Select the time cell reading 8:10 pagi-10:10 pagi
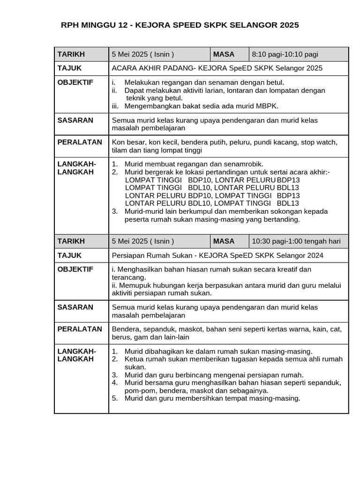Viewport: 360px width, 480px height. tap(285, 54)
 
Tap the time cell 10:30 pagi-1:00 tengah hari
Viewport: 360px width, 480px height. tap(296, 241)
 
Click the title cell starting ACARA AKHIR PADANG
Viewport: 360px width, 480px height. tap(217, 68)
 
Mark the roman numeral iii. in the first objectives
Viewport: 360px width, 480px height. tap(115, 106)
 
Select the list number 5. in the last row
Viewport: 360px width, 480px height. tap(115, 398)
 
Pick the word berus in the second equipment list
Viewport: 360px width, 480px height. tap(120, 337)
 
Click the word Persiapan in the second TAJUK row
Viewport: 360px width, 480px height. tap(127, 255)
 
